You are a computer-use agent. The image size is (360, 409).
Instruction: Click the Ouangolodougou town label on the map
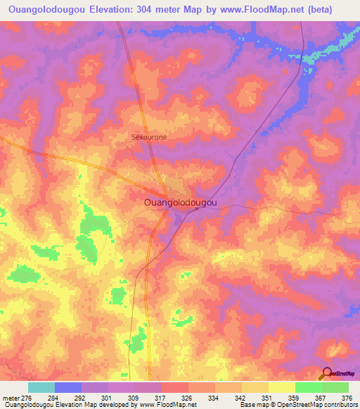point(180,202)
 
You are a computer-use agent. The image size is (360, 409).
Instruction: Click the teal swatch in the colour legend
point(41,387)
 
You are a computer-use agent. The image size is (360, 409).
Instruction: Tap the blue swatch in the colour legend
point(67,387)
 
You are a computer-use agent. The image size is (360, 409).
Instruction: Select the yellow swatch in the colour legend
point(281,387)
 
